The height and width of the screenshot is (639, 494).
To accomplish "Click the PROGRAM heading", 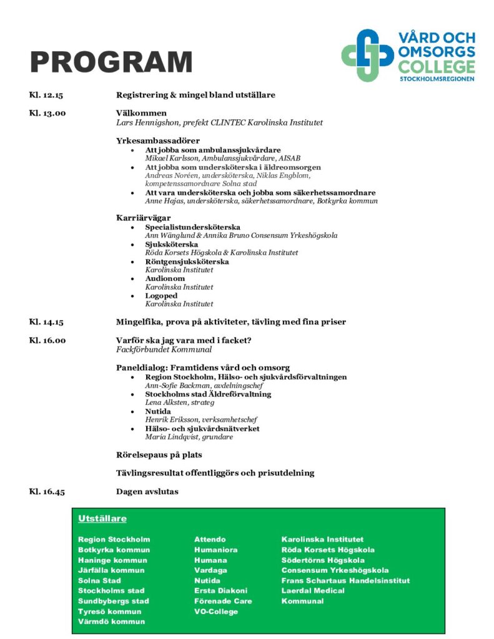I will pyautogui.click(x=111, y=63).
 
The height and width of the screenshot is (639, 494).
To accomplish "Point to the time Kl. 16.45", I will pyautogui.click(x=47, y=492).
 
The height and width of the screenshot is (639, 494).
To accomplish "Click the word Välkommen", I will pyautogui.click(x=141, y=113).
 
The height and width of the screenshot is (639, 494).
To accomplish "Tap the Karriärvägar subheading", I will pyautogui.click(x=144, y=218).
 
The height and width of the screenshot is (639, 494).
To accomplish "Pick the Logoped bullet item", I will pyautogui.click(x=161, y=295).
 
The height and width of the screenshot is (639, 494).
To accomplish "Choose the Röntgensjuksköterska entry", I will pyautogui.click(x=187, y=261).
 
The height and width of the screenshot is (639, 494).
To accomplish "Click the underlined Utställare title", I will pyautogui.click(x=102, y=519).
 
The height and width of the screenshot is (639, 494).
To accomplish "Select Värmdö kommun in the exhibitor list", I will pyautogui.click(x=111, y=621).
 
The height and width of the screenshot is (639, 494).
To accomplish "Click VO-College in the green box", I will pyautogui.click(x=216, y=611).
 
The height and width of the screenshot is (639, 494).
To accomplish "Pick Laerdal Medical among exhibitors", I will pyautogui.click(x=313, y=590).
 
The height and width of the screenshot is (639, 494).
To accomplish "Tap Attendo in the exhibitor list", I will pyautogui.click(x=210, y=539).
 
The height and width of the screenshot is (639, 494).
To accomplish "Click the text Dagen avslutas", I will pyautogui.click(x=147, y=492).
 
